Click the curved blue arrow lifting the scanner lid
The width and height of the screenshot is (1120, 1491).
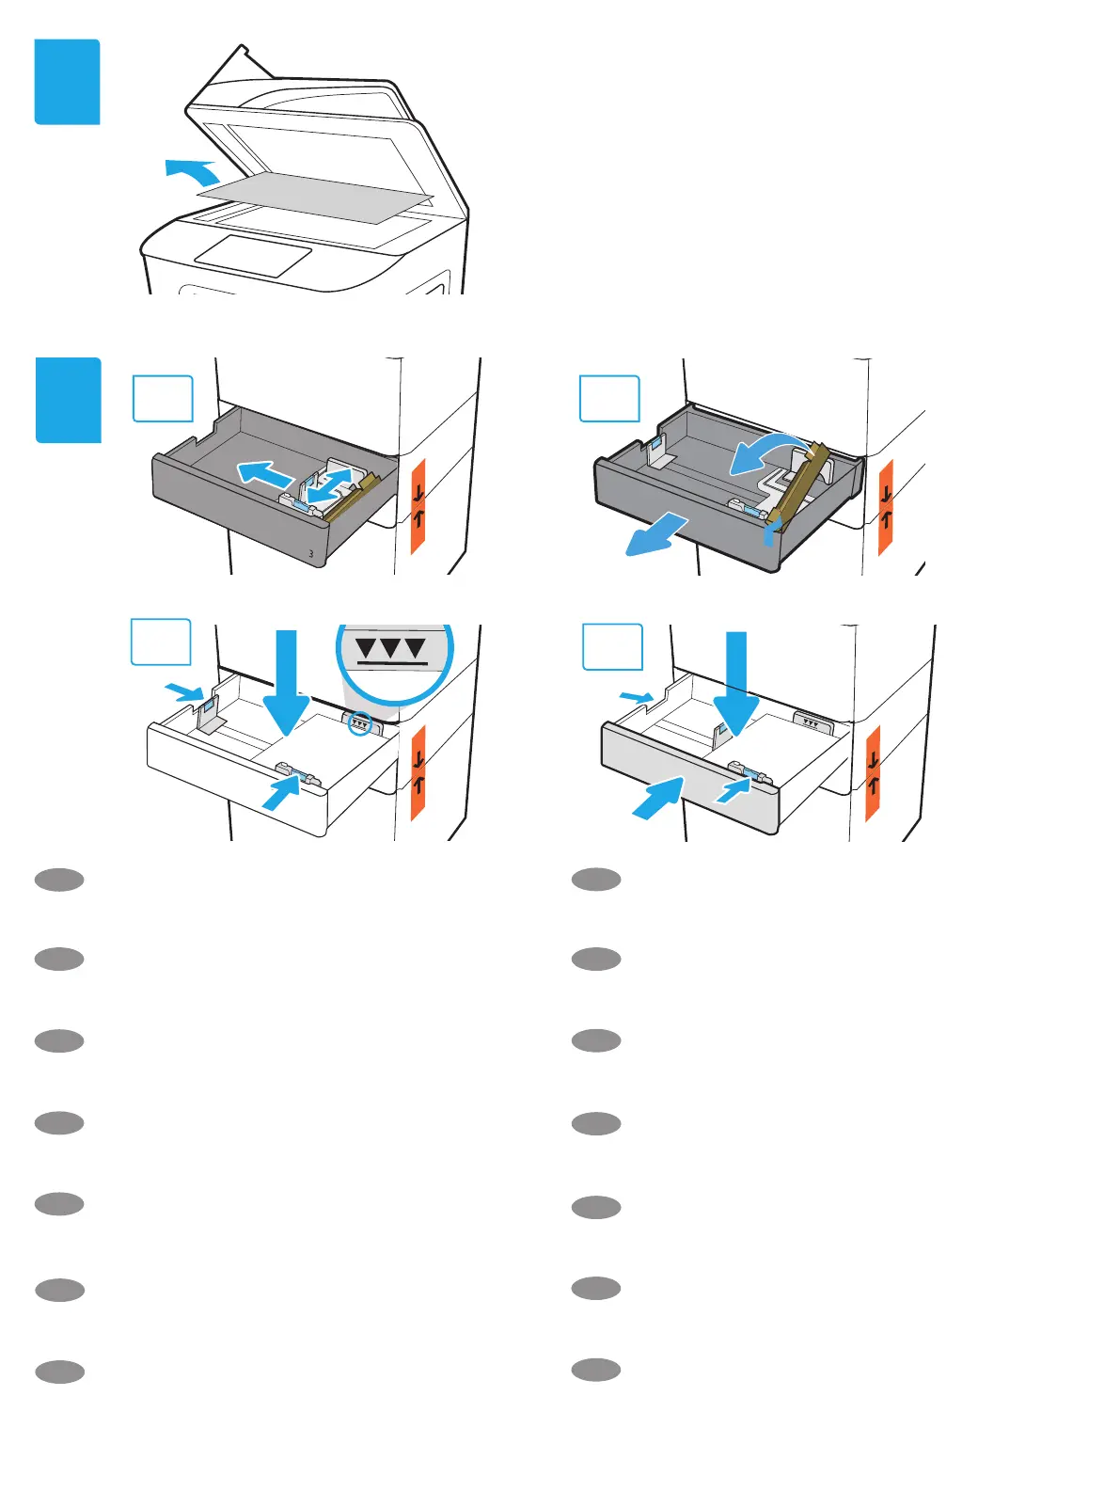coord(192,171)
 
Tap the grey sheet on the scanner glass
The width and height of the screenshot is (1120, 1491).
coord(315,198)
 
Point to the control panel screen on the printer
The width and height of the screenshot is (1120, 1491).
coord(253,255)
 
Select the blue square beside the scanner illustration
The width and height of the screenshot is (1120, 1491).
coord(67,82)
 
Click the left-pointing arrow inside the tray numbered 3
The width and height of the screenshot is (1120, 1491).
coord(262,472)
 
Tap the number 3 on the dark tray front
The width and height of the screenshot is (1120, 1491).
coord(311,554)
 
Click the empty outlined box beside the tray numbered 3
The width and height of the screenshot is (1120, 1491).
coord(163,399)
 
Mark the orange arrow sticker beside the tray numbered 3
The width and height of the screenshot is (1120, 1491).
coord(418,505)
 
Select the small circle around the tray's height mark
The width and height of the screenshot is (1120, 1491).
coord(360,723)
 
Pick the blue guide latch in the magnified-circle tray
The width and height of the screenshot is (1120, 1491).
coord(299,775)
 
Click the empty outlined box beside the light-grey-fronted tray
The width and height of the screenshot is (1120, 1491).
coord(612,647)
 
